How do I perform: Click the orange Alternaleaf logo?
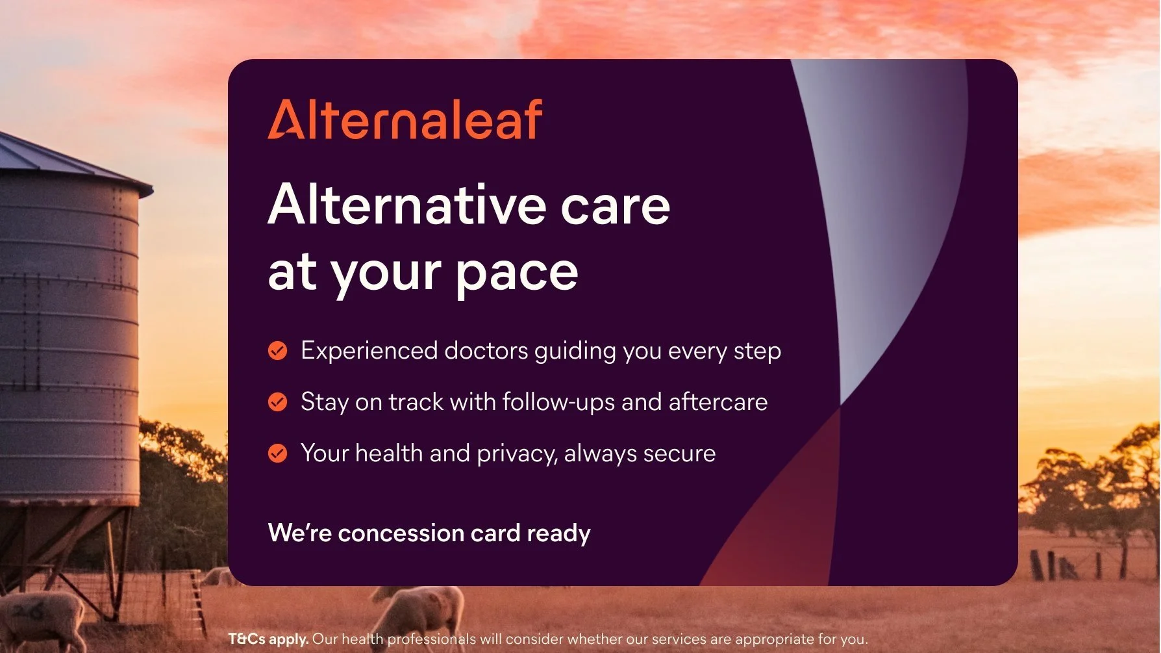pyautogui.click(x=405, y=120)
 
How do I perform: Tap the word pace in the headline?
pyautogui.click(x=516, y=274)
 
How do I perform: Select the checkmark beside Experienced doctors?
pyautogui.click(x=277, y=351)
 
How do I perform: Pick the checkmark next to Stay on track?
pyautogui.click(x=277, y=402)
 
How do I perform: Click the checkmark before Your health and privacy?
pyautogui.click(x=277, y=453)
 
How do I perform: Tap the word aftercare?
pyautogui.click(x=718, y=402)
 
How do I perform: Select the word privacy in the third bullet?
pyautogui.click(x=517, y=454)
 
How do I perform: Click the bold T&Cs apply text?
pyautogui.click(x=268, y=639)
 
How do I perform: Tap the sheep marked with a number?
pyautogui.click(x=40, y=621)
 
